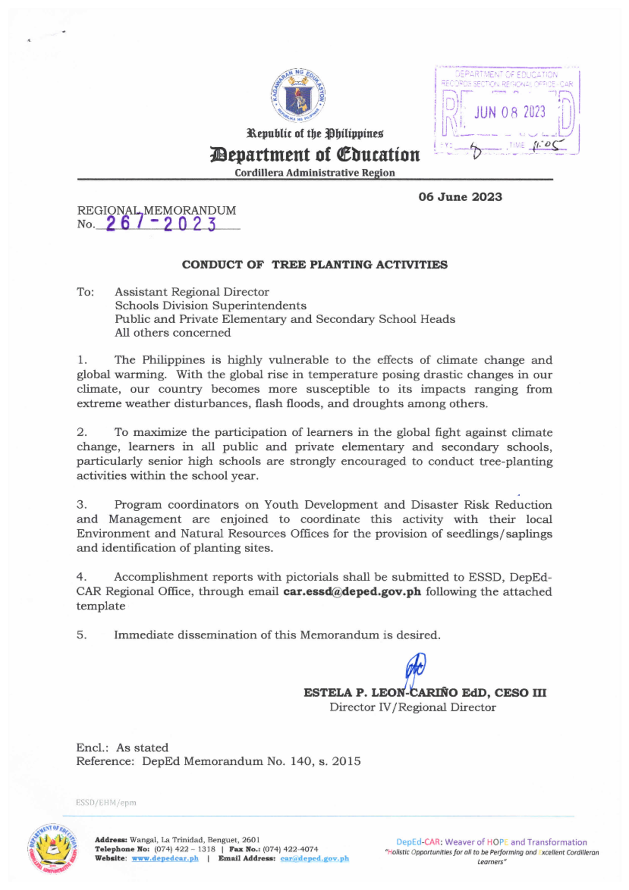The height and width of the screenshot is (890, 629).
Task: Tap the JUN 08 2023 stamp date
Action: coord(509,112)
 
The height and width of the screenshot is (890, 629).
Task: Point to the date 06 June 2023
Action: coord(460,197)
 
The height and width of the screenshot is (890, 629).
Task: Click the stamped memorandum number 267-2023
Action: coord(160,224)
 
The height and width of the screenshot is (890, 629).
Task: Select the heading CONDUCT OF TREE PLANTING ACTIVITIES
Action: coord(314,265)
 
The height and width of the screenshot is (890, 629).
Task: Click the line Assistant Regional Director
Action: coord(192,292)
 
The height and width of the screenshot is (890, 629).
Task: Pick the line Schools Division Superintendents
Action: coord(210,305)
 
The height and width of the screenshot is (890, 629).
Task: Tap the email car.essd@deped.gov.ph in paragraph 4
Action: coord(352,591)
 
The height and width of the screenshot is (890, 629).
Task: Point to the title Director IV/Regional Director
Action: coord(413,707)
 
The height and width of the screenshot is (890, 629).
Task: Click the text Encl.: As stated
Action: coord(122,748)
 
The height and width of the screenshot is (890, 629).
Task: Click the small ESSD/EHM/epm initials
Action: coord(106,803)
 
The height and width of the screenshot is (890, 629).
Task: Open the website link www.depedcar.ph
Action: coord(165,859)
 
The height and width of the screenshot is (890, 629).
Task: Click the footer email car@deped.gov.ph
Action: coord(314,859)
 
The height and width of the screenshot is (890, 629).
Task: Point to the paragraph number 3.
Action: coord(81,504)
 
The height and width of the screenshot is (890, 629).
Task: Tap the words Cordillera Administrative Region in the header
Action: coord(314,173)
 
